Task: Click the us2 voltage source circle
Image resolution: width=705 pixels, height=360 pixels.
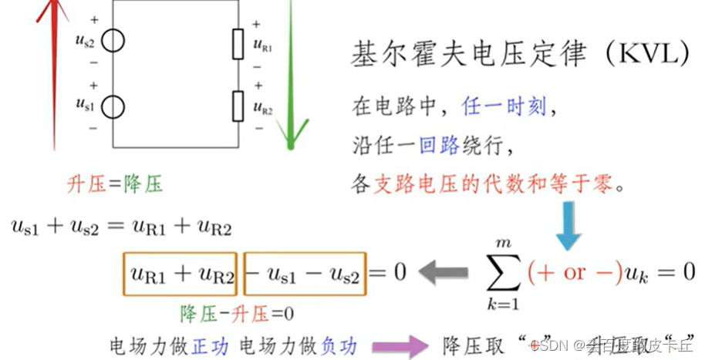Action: pyautogui.click(x=113, y=40)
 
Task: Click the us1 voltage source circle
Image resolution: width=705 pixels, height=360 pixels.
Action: pyautogui.click(x=113, y=106)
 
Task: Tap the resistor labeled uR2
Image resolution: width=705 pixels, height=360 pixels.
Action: pyautogui.click(x=238, y=105)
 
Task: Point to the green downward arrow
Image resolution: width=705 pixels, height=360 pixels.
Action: pyautogui.click(x=291, y=77)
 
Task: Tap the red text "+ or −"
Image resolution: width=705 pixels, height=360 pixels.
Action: pyautogui.click(x=574, y=272)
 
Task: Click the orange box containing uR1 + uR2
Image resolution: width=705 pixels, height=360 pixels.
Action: pyautogui.click(x=181, y=274)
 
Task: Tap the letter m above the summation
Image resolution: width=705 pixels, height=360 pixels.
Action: pyautogui.click(x=505, y=244)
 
